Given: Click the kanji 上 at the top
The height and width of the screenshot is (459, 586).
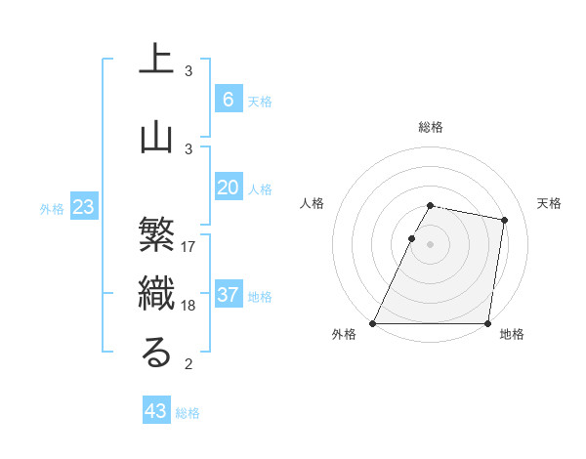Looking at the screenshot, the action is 156,58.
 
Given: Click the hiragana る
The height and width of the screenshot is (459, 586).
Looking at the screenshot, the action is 156,354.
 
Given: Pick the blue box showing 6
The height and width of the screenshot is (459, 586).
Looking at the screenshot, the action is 228,100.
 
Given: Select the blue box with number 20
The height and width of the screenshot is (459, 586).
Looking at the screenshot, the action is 228,188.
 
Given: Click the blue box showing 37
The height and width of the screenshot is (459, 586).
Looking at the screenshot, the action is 228,295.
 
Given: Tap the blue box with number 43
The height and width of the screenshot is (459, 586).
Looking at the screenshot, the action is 156,411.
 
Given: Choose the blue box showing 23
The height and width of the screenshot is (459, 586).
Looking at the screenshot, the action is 83,207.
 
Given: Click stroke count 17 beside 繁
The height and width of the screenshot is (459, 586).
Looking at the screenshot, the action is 188,247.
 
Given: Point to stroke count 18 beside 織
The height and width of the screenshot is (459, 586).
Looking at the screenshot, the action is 188,306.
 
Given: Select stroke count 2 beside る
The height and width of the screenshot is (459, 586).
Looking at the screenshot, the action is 188,364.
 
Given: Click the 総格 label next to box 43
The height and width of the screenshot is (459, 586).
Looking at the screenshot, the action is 188,413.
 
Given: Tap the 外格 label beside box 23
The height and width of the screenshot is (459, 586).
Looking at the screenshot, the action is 52,208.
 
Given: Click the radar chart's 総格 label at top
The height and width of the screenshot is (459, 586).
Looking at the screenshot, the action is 431,127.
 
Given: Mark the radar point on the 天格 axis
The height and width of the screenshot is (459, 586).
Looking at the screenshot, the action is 504,221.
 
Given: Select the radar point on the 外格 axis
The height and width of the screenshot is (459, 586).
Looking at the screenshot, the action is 373,323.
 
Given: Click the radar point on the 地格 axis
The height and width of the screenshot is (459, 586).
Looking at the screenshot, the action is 487,323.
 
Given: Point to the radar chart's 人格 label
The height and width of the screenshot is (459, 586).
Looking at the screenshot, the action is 312,203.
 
